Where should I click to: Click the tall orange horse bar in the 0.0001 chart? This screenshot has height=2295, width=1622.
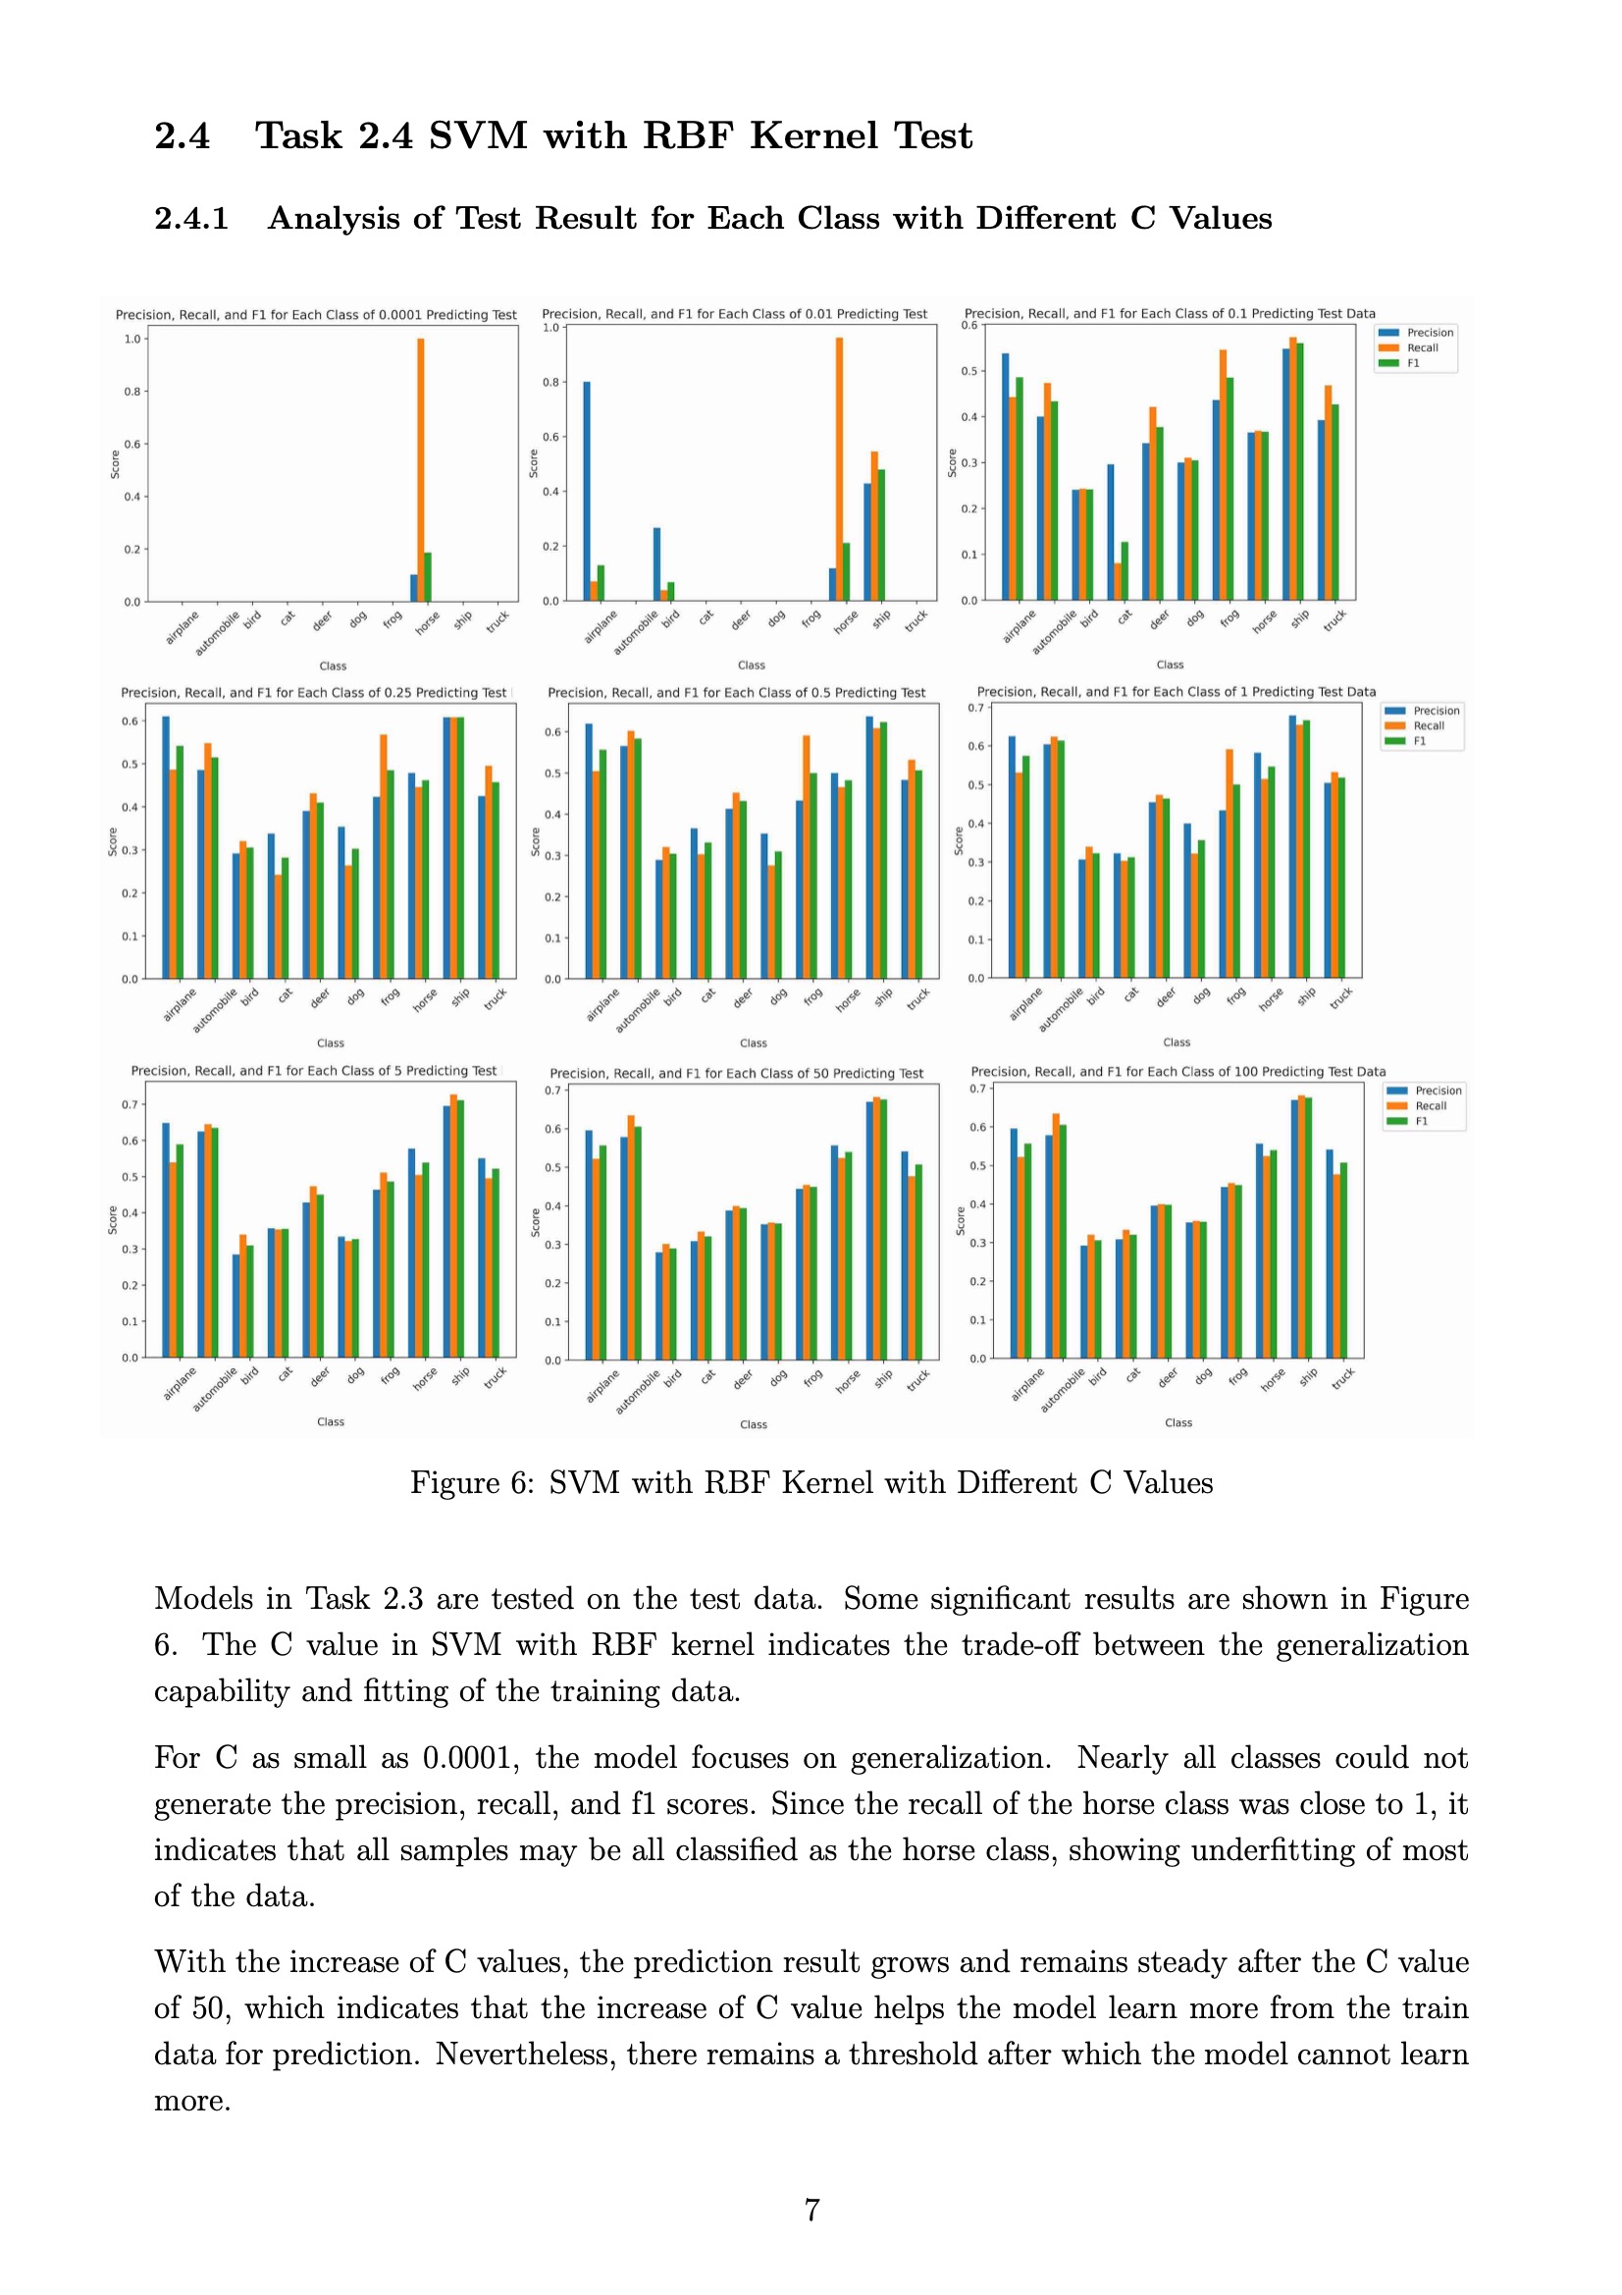[421, 470]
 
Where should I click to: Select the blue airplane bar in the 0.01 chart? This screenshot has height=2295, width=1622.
[587, 491]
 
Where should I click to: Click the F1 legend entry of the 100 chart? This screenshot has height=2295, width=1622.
[1421, 1121]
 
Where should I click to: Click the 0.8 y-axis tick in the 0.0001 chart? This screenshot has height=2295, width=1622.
[131, 392]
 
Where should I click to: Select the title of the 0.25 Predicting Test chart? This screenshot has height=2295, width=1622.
[314, 693]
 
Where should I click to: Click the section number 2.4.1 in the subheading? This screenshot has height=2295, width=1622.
[191, 218]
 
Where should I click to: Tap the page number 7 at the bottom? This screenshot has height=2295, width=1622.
[811, 2209]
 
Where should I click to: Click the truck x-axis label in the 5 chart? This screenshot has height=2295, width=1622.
[495, 1377]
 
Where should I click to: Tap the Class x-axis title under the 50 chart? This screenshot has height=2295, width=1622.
[753, 1424]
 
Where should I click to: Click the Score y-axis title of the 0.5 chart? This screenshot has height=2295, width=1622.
[535, 841]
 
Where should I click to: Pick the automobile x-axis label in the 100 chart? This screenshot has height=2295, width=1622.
[1062, 1390]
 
